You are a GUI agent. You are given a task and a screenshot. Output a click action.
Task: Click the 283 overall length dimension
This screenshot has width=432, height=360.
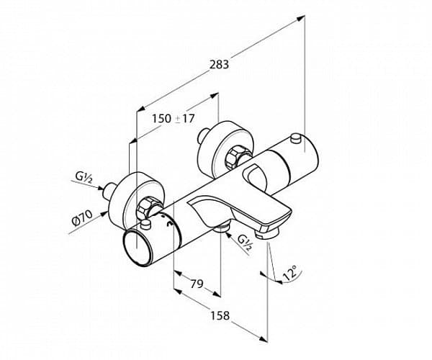(x=219, y=65)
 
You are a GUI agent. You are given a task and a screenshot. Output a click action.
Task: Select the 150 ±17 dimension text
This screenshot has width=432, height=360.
(x=174, y=119)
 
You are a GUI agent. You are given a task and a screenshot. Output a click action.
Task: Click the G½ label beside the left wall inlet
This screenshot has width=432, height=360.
(x=82, y=176)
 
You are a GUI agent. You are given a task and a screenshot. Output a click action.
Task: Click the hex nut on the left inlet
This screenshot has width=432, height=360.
(x=145, y=210)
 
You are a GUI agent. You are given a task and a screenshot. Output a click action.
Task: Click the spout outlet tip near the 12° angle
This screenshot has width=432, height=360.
(x=270, y=231)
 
